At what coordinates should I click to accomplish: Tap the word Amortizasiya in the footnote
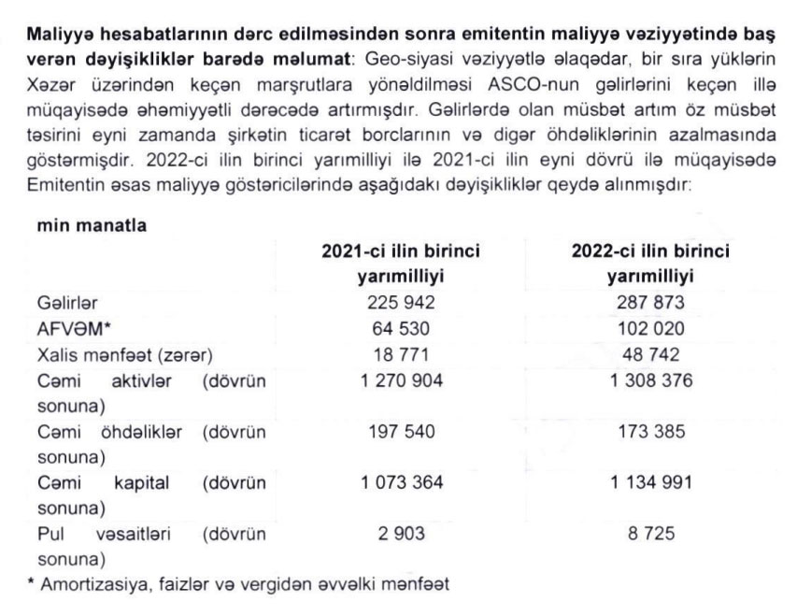click(90, 586)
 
